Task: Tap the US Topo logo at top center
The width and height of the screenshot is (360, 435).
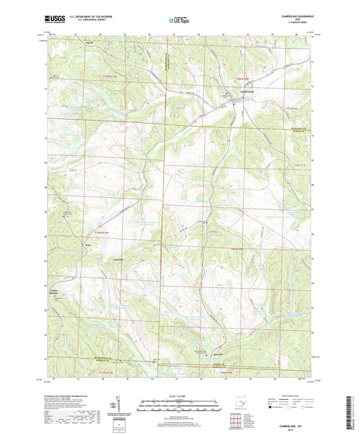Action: [x=178, y=20]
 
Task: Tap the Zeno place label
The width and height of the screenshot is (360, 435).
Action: [x=88, y=244]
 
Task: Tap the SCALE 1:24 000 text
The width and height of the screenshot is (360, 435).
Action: [x=179, y=395]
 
